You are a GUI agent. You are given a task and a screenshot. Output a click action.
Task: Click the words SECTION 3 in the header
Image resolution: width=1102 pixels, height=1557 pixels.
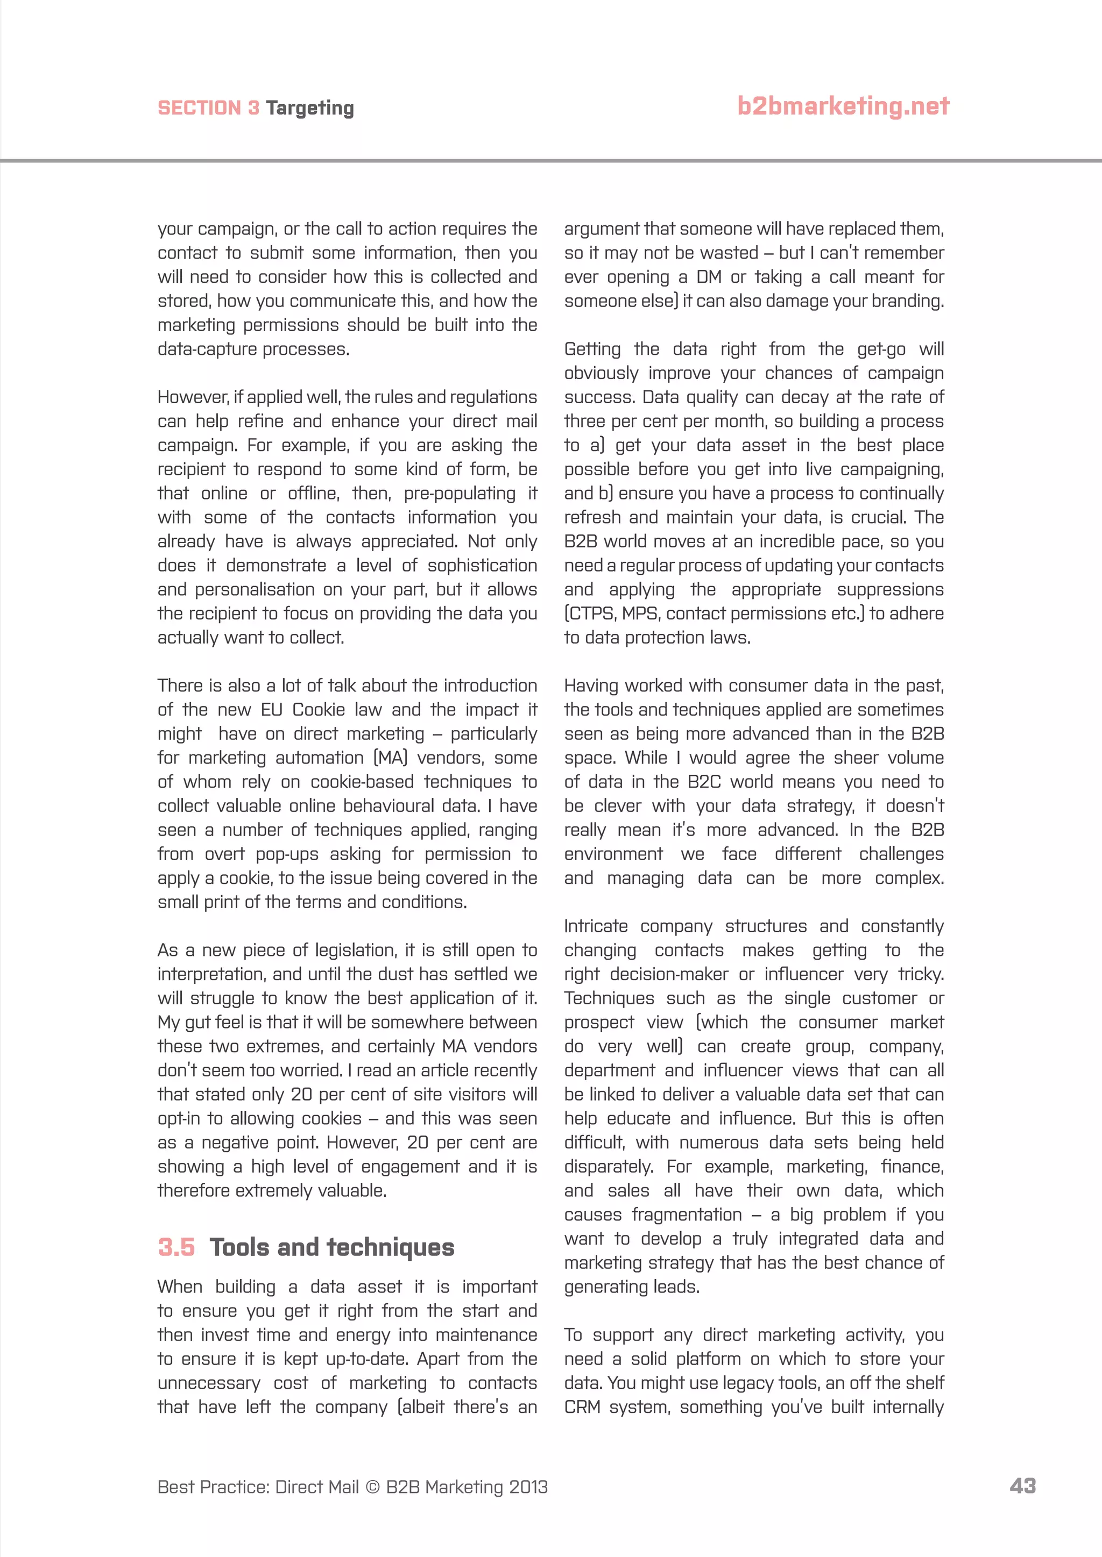208,109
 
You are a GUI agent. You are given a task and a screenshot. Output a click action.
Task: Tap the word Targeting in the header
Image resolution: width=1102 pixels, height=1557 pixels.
309,109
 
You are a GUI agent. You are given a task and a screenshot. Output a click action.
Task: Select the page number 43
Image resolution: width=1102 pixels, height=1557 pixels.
1022,1486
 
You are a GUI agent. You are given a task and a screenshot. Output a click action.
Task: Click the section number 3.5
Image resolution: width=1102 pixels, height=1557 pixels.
176,1247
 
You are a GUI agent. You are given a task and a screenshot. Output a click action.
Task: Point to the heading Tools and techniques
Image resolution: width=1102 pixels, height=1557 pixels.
332,1247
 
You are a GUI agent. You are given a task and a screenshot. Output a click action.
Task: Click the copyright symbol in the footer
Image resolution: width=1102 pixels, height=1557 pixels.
372,1487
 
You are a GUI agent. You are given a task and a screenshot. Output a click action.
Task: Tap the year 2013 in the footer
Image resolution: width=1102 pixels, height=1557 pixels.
528,1487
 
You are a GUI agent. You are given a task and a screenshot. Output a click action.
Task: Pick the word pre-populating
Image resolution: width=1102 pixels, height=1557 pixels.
460,494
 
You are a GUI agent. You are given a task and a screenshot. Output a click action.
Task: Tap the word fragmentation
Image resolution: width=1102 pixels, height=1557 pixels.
687,1215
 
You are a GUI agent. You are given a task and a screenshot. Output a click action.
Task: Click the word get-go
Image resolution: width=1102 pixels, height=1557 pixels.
881,349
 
